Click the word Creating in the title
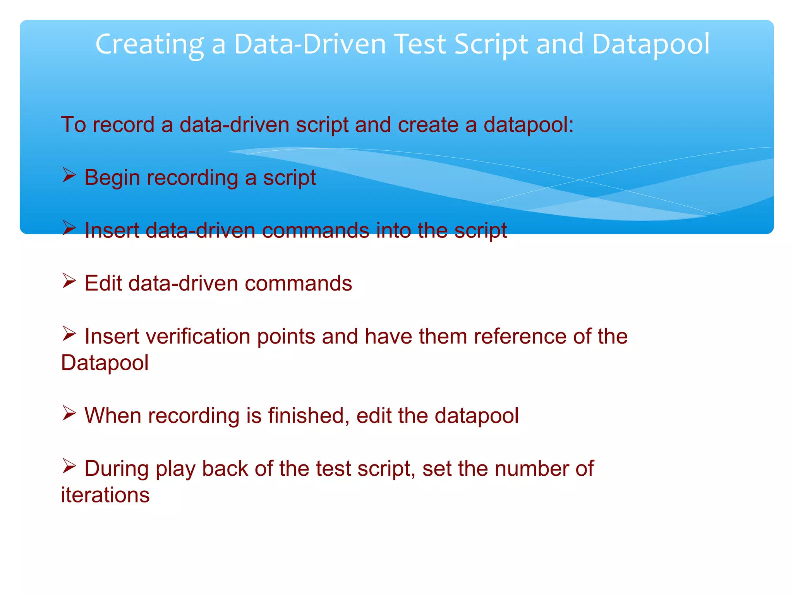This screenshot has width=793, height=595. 149,45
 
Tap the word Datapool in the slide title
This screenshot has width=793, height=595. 651,45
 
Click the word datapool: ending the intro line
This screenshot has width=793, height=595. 529,125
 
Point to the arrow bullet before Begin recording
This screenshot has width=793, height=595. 69,175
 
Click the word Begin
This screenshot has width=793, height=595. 112,178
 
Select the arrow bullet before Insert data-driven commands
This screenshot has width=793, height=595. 69,228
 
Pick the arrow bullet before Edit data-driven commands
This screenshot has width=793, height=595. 69,281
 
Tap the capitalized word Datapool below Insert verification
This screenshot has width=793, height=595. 105,363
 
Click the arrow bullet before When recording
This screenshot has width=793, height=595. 69,413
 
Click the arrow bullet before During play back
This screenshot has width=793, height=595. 69,466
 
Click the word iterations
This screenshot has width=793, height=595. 105,495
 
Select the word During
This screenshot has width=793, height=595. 117,469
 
